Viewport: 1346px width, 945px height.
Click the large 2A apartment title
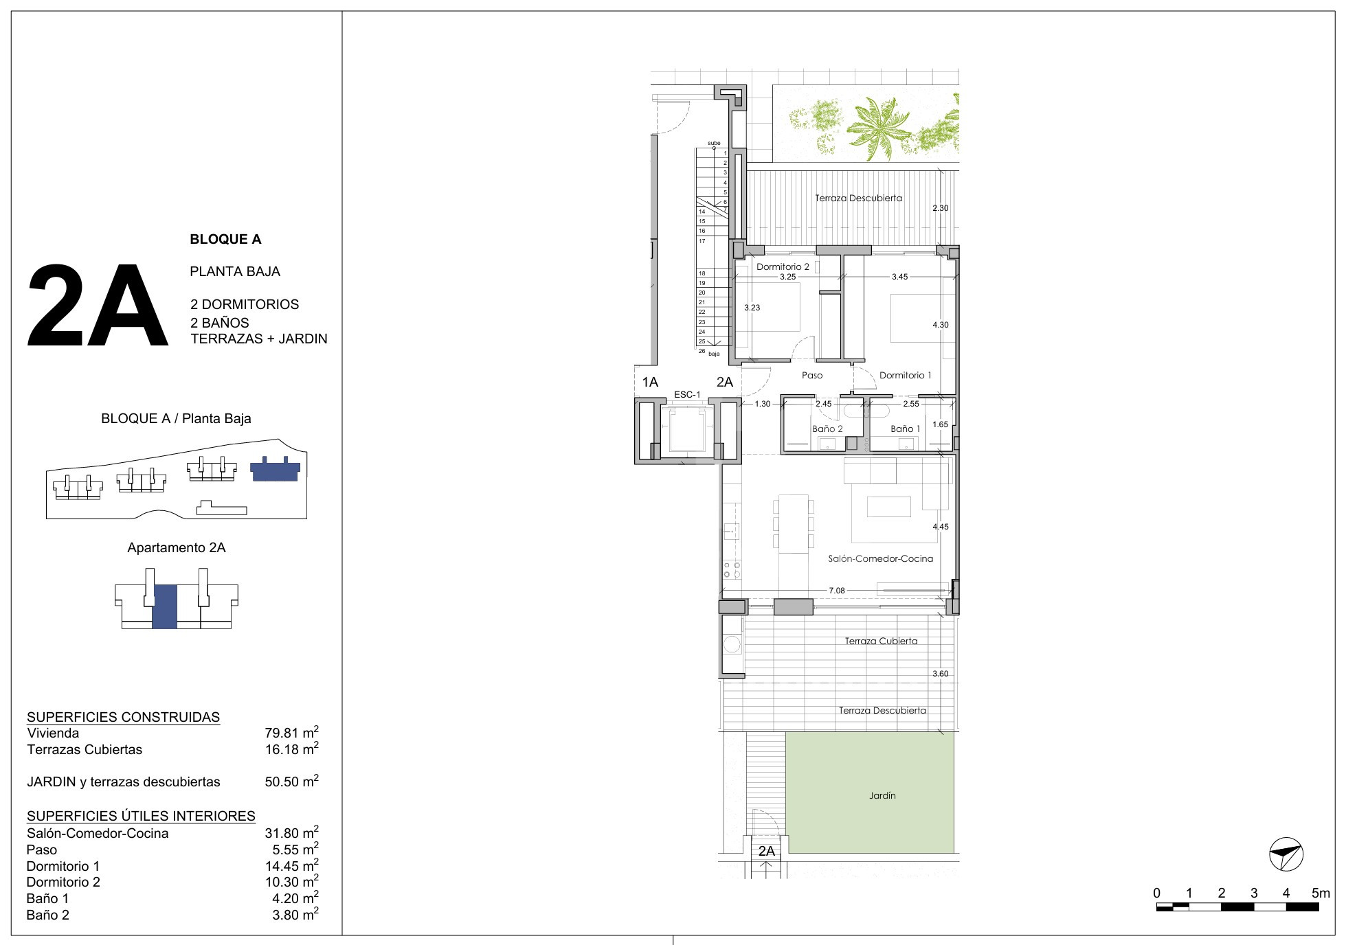(x=98, y=306)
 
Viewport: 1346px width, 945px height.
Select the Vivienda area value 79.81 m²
(x=291, y=733)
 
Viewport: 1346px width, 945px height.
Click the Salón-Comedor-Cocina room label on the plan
(x=880, y=558)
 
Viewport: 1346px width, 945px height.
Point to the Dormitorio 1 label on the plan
(x=905, y=375)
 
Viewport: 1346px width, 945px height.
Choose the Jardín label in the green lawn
(x=882, y=795)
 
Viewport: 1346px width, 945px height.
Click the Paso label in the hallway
(x=812, y=375)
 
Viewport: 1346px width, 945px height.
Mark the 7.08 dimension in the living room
(x=836, y=591)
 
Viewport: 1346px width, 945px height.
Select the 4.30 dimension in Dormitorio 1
(x=940, y=325)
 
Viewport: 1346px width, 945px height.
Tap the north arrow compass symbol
(x=1286, y=854)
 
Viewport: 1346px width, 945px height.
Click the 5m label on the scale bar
(x=1321, y=893)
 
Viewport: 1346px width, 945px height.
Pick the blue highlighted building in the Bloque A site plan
(x=275, y=469)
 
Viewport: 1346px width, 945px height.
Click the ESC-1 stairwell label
(x=687, y=394)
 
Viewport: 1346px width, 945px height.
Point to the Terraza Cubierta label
(x=881, y=641)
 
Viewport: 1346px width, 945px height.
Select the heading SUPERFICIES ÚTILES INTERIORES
(x=141, y=816)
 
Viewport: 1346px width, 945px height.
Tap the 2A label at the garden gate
(x=766, y=851)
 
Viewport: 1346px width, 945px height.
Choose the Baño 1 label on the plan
(x=905, y=429)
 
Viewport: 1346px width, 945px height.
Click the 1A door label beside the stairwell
(x=650, y=382)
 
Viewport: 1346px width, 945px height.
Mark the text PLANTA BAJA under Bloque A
(x=235, y=271)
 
